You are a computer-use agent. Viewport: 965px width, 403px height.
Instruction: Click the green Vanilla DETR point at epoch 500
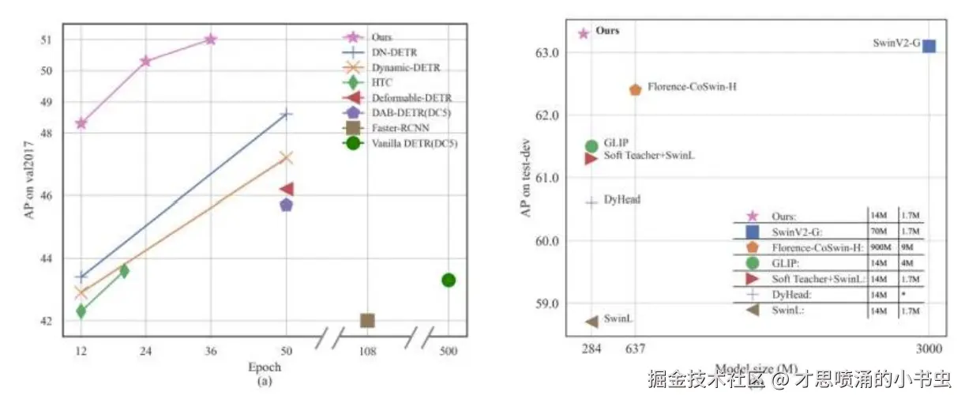[x=449, y=280]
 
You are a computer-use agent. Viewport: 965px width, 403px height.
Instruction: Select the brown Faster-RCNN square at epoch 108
[x=367, y=320]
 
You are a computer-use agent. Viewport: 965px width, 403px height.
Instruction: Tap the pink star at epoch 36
[x=210, y=39]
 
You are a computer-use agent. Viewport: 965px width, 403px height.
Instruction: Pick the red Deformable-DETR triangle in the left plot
[x=287, y=189]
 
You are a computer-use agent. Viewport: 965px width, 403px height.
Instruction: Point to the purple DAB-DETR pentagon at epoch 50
[x=286, y=205]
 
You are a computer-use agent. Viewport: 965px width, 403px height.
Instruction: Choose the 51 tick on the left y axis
[x=46, y=40]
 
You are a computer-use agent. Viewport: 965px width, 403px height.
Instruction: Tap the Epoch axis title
[x=264, y=367]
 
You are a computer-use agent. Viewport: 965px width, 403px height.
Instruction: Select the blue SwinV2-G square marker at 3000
[x=929, y=46]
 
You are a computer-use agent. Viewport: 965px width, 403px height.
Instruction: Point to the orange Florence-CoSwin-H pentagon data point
[x=636, y=89]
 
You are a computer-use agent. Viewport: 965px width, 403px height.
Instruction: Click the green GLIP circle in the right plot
[x=591, y=145]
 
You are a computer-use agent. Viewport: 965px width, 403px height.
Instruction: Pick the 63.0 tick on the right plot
[x=549, y=53]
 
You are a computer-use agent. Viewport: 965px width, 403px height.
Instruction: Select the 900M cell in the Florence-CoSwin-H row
[x=881, y=247]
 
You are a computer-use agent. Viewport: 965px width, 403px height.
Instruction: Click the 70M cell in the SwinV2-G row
[x=879, y=232]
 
